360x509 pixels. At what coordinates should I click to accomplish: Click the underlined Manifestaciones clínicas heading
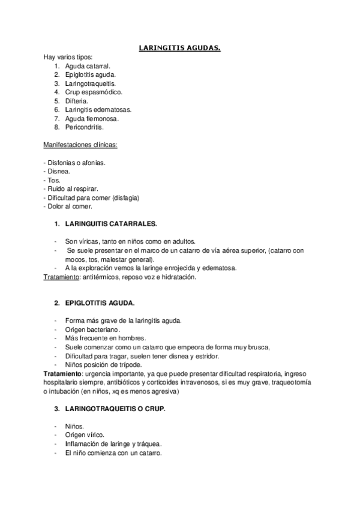tap(80, 145)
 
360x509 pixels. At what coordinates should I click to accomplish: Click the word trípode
tap(128, 364)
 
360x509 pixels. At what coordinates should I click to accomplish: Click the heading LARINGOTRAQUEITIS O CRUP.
tap(115, 409)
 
